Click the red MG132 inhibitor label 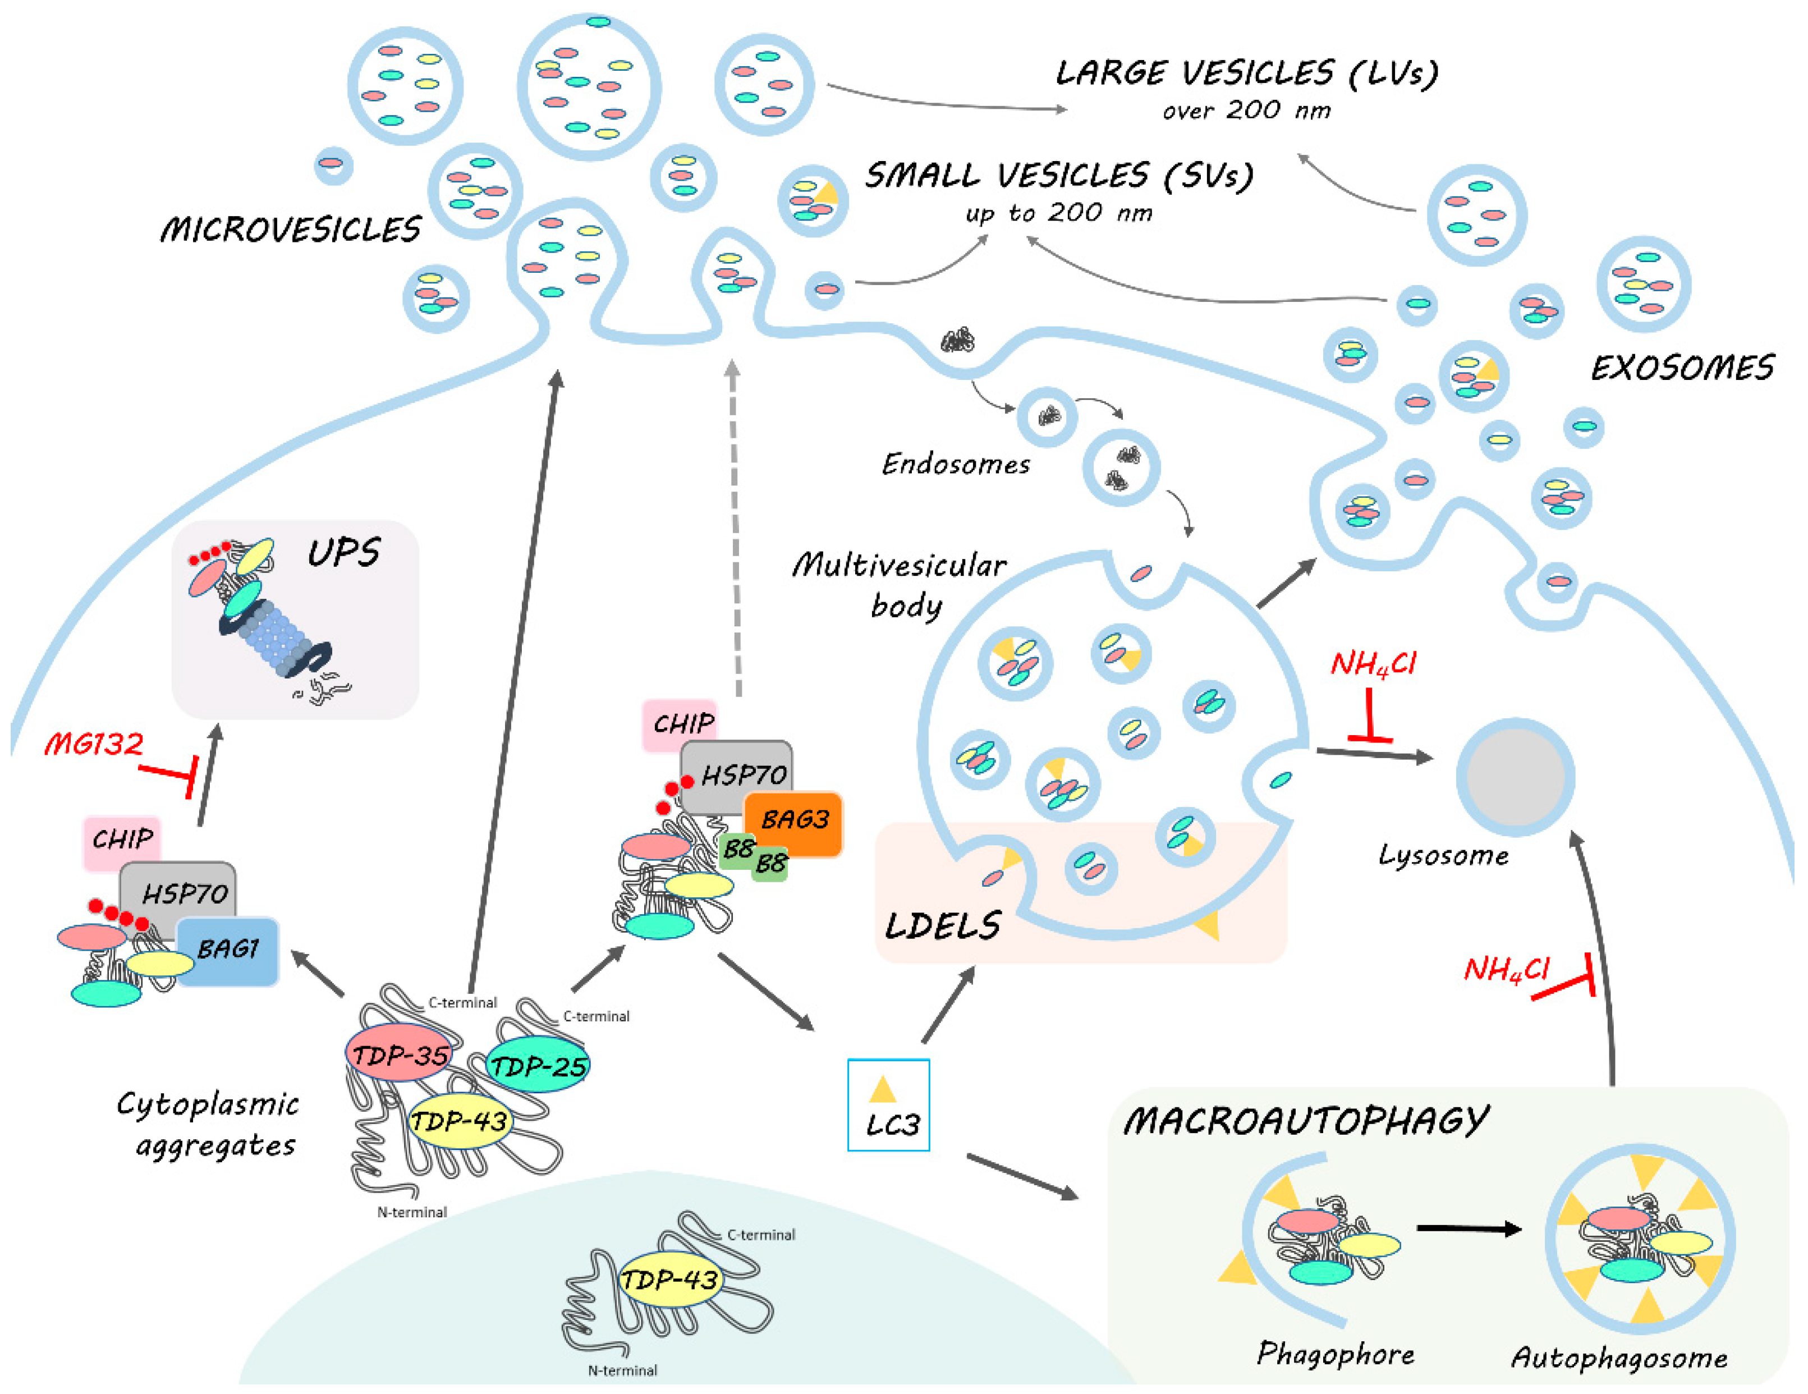[x=94, y=744]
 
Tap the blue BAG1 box [x=228, y=950]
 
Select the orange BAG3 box [x=793, y=823]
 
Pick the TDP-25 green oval [x=538, y=1065]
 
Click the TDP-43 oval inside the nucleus [x=669, y=1280]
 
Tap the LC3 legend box [x=888, y=1105]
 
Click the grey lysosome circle [x=1515, y=777]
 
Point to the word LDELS [x=943, y=925]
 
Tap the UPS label [x=343, y=552]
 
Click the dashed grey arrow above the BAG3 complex [x=735, y=530]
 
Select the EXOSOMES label [x=1681, y=368]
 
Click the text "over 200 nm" [x=1246, y=110]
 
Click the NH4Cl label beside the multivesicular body [x=1373, y=664]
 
